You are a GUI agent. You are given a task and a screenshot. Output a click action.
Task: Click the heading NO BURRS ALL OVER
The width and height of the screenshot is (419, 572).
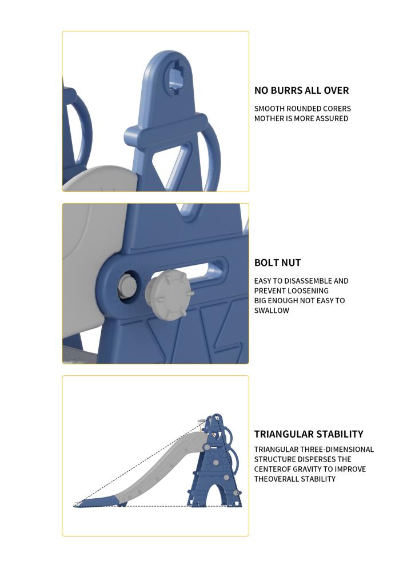coord(301,90)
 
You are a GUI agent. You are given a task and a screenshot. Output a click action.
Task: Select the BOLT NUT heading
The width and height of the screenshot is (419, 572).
coord(277,263)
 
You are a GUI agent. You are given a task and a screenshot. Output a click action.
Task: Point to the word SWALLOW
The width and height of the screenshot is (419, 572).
coord(272,311)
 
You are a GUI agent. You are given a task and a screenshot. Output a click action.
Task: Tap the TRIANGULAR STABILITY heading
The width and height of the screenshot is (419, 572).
coord(309,434)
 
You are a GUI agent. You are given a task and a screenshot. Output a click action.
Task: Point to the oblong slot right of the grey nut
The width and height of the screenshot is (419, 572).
coord(211,269)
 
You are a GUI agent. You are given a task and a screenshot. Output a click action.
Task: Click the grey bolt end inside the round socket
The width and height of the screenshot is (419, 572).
coord(126,285)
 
